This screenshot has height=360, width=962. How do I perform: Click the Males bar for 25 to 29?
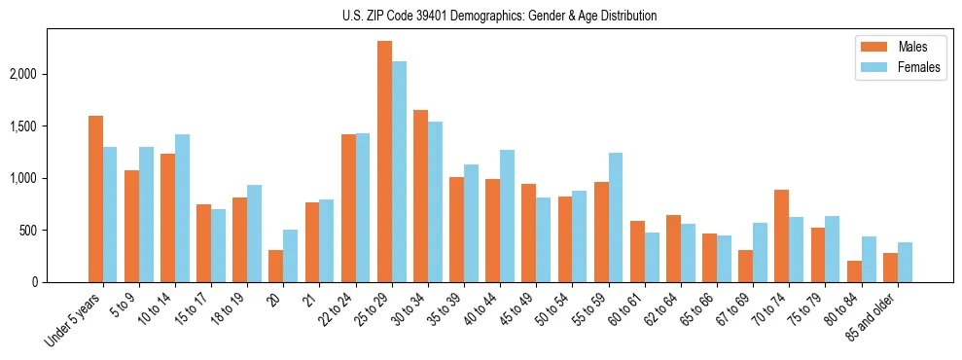pyautogui.click(x=384, y=162)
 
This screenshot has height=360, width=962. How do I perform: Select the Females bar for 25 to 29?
pyautogui.click(x=399, y=171)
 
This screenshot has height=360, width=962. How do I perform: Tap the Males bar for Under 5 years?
pyautogui.click(x=95, y=198)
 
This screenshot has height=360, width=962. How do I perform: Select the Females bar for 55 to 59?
pyautogui.click(x=616, y=217)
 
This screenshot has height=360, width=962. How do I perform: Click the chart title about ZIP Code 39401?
pyautogui.click(x=499, y=16)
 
